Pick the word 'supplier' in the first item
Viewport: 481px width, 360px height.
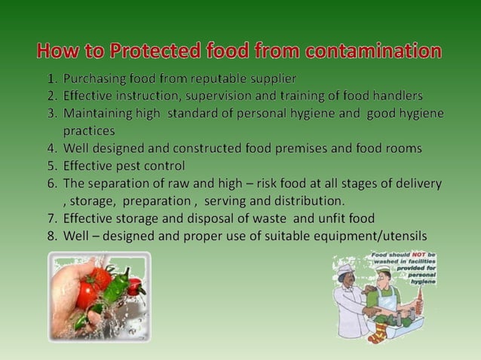271,78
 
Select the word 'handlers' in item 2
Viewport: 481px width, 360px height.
394,96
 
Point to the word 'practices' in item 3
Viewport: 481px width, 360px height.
89,131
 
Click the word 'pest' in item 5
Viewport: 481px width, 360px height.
129,166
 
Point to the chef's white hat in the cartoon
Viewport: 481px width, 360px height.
346,268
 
